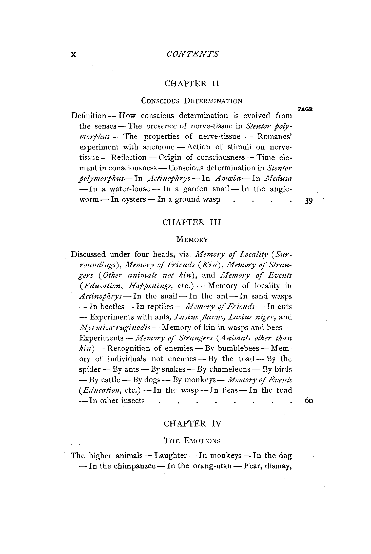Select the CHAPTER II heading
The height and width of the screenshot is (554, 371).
tap(191, 83)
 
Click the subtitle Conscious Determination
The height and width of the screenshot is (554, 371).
tap(191, 101)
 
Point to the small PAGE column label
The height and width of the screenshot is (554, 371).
tap(305, 109)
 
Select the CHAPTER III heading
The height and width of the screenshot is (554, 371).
tap(191, 222)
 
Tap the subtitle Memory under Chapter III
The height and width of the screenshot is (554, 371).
tap(192, 239)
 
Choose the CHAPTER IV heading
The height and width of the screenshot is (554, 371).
tap(192, 423)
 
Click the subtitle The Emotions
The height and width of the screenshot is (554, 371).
tap(192, 441)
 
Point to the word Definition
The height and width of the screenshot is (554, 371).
tap(88, 116)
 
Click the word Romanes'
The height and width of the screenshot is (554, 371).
tap(275, 137)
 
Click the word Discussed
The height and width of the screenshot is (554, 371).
tap(88, 254)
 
